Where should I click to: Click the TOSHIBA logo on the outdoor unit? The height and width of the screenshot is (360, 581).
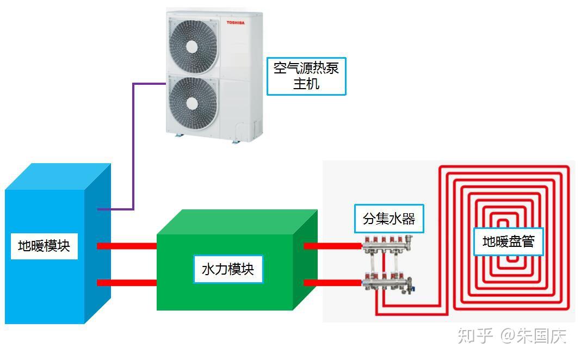[236, 23]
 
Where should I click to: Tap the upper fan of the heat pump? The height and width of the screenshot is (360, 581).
[192, 46]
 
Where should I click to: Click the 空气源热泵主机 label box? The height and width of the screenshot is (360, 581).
[306, 76]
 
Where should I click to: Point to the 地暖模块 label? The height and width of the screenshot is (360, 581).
[44, 246]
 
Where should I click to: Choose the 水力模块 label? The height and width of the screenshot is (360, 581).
[228, 269]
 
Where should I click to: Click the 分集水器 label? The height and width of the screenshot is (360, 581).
[388, 219]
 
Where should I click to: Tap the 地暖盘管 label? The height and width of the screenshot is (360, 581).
[509, 241]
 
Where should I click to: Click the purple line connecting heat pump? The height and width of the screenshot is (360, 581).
[133, 147]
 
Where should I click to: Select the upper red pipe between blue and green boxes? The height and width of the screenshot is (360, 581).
[127, 246]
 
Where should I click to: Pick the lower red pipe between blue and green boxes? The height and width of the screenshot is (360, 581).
[127, 283]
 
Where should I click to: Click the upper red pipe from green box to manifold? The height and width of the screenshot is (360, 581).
[332, 246]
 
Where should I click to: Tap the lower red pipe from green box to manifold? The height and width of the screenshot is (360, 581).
[332, 283]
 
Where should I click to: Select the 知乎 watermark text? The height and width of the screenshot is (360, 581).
[474, 336]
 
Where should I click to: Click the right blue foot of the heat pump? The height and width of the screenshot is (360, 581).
[235, 141]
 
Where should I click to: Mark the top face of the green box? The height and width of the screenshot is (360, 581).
[237, 222]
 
